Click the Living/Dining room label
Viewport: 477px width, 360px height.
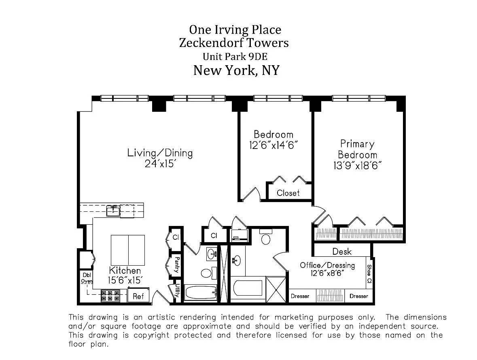coord(160,153)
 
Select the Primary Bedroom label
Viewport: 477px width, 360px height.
coord(357,149)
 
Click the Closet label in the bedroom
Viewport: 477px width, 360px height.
coord(288,193)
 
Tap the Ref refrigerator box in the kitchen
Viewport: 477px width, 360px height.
coord(138,296)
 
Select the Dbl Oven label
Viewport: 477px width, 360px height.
coord(87,277)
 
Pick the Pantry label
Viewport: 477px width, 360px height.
coord(176,265)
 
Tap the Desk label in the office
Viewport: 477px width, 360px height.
coord(342,251)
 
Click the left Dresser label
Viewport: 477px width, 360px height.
coord(300,296)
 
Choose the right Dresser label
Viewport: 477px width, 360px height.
coord(359,296)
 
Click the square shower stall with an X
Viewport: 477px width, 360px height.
coord(277,289)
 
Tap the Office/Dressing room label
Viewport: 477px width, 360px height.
coord(327,265)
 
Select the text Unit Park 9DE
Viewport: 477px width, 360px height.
coord(235,56)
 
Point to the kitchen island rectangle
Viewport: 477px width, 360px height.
coord(128,250)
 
